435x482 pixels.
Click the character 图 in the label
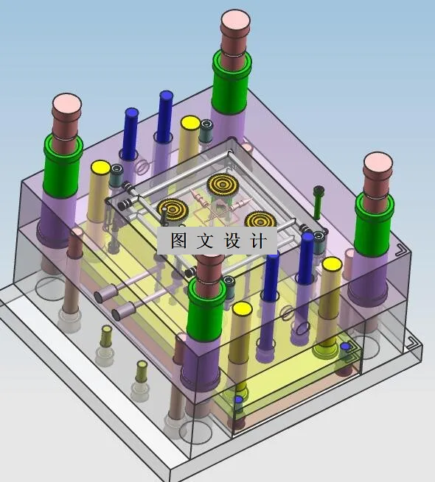[x=178, y=240]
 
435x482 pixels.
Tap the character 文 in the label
[x=205, y=240]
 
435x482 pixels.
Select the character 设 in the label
[x=232, y=240]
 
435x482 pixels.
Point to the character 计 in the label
[x=258, y=240]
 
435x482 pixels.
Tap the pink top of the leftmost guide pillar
[x=66, y=103]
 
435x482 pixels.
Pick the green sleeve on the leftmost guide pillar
[x=63, y=166]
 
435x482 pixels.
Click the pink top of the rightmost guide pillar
[x=378, y=163]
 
